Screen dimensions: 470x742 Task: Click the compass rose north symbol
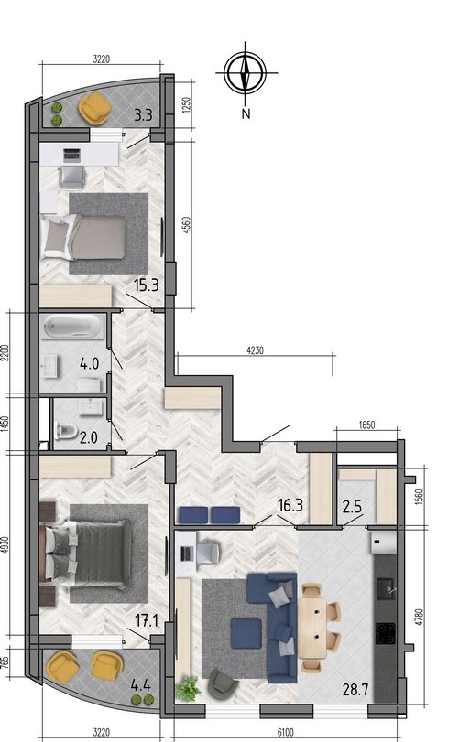click(x=245, y=73)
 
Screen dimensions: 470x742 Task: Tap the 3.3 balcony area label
click(x=143, y=115)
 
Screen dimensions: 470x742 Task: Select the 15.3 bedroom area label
click(x=146, y=285)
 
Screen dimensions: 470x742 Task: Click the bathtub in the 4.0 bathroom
click(x=73, y=327)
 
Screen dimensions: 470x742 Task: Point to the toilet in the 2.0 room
click(x=66, y=430)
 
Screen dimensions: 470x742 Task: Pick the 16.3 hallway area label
click(x=290, y=505)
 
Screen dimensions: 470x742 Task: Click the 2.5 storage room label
click(x=352, y=507)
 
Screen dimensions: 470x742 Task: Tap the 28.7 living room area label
click(x=355, y=690)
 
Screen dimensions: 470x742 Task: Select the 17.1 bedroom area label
click(x=147, y=620)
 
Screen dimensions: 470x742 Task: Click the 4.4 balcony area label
click(x=141, y=684)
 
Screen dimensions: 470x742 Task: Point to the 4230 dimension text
click(x=256, y=350)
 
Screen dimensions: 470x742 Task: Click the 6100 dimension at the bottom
click(x=285, y=732)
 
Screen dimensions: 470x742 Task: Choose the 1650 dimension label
click(x=366, y=425)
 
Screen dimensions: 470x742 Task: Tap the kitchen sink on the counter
click(x=385, y=588)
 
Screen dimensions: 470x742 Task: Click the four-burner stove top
click(x=385, y=634)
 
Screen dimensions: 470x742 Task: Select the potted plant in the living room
click(x=188, y=689)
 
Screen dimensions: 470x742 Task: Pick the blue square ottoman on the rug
click(x=246, y=634)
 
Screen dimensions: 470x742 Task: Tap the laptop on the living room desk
click(x=187, y=554)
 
